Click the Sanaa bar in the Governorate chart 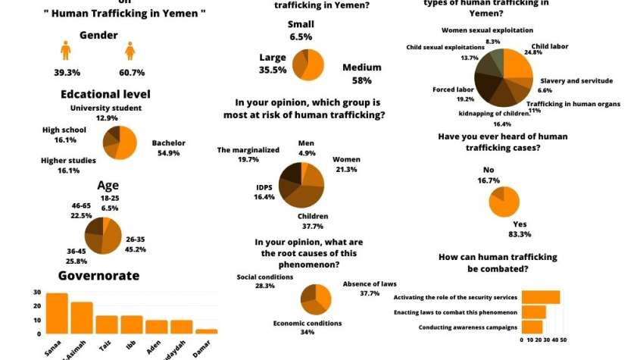(57, 314)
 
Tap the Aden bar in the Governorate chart (156, 327)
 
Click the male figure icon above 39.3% (65, 51)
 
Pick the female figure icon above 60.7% (130, 51)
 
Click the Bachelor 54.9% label (169, 148)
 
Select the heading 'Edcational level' (106, 95)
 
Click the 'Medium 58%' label (361, 73)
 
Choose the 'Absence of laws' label (369, 288)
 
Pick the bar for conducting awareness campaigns (532, 327)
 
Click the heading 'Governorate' (98, 276)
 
